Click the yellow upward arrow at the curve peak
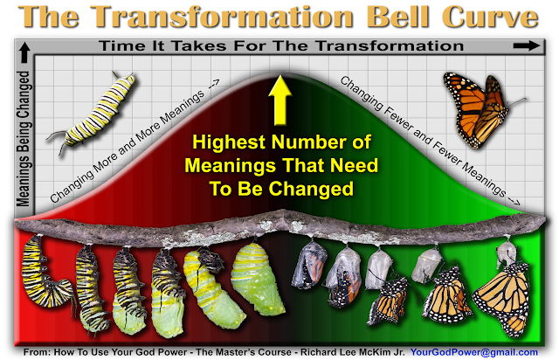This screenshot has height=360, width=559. (x=280, y=100)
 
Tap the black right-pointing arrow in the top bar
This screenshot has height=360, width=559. (x=527, y=45)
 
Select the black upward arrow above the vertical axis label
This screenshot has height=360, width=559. (x=24, y=52)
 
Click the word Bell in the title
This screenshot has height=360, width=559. (x=398, y=17)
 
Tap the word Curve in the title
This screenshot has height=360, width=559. (x=490, y=17)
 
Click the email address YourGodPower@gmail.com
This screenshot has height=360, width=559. (x=474, y=352)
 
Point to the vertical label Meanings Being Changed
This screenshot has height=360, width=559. (x=24, y=138)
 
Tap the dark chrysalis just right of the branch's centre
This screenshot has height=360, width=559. (x=309, y=264)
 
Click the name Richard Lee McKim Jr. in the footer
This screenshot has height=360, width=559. (x=353, y=352)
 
